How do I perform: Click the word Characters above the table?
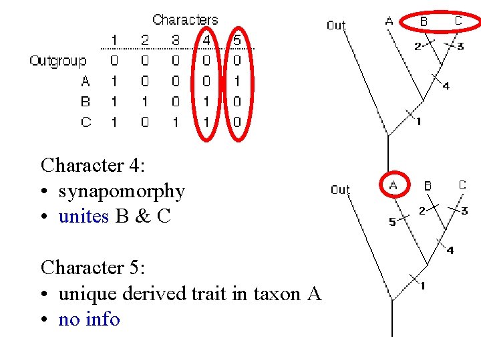point(185,20)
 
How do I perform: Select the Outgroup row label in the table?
point(58,61)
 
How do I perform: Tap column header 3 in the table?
point(176,40)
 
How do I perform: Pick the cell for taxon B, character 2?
point(145,102)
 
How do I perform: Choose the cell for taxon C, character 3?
point(176,122)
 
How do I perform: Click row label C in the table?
point(86,122)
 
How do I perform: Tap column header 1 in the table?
point(114,40)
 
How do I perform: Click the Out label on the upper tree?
point(336,25)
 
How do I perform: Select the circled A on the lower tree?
point(393,185)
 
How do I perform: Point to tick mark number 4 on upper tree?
point(446,86)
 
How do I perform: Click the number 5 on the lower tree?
point(393,223)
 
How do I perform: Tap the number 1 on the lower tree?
point(422,286)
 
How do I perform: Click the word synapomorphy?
point(122,191)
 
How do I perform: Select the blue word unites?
point(84,217)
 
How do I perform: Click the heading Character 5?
point(93,267)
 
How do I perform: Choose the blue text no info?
point(89,320)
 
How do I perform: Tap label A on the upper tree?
point(389,21)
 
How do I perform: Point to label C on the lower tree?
point(462,185)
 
